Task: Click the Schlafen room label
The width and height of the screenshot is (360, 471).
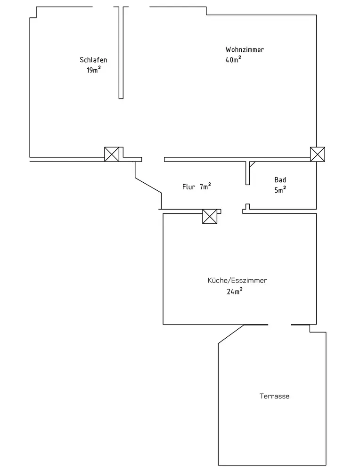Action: tap(93, 60)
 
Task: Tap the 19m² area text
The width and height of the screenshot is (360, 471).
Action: tap(93, 70)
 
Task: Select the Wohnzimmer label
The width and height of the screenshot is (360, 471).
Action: tap(245, 49)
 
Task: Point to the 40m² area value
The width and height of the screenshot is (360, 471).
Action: tap(233, 59)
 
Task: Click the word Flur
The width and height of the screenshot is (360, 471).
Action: tap(188, 187)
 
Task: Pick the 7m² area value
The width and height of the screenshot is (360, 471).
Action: tap(205, 186)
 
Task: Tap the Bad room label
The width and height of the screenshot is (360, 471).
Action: tap(280, 180)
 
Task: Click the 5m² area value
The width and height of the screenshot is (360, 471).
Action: tap(280, 190)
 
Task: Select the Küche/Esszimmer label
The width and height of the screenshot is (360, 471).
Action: tap(237, 280)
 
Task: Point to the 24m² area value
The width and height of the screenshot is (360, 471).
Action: tap(235, 291)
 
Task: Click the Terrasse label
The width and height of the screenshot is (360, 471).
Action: tap(274, 396)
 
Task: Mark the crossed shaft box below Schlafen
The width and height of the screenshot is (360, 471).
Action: tap(112, 154)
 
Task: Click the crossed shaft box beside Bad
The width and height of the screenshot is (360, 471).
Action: tap(317, 154)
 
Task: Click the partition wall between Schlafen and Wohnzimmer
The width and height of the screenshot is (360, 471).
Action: tap(121, 52)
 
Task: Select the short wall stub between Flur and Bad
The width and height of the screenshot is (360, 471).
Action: tap(248, 172)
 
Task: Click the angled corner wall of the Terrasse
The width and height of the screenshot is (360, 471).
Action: tap(230, 334)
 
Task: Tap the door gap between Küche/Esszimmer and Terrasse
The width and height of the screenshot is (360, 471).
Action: tap(279, 325)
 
